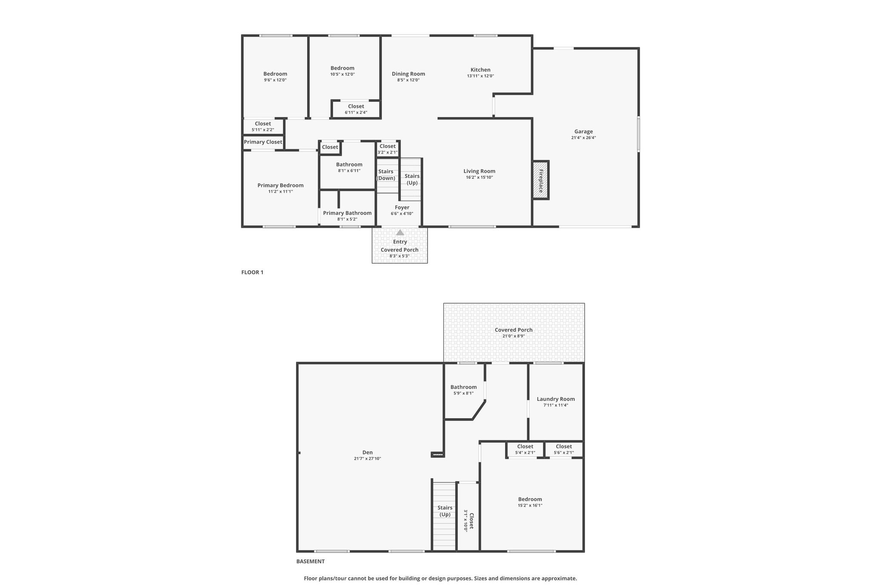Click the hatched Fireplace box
(x=541, y=180)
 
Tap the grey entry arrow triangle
(x=400, y=232)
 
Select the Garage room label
(x=583, y=132)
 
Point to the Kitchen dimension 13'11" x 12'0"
(x=481, y=76)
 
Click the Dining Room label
(x=408, y=74)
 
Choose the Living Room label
(x=479, y=171)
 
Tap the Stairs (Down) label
(x=386, y=175)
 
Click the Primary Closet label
(x=263, y=142)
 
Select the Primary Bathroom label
(x=347, y=213)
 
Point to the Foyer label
(x=402, y=207)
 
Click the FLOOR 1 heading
(x=252, y=272)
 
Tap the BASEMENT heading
(x=311, y=561)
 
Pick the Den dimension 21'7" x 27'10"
(x=367, y=458)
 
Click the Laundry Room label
(x=556, y=399)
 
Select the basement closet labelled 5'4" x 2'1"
(x=525, y=449)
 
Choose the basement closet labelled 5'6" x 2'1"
(x=564, y=449)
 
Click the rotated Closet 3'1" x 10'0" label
(x=468, y=521)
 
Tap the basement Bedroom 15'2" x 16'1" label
(x=530, y=502)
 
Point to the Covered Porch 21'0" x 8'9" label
(x=514, y=333)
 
